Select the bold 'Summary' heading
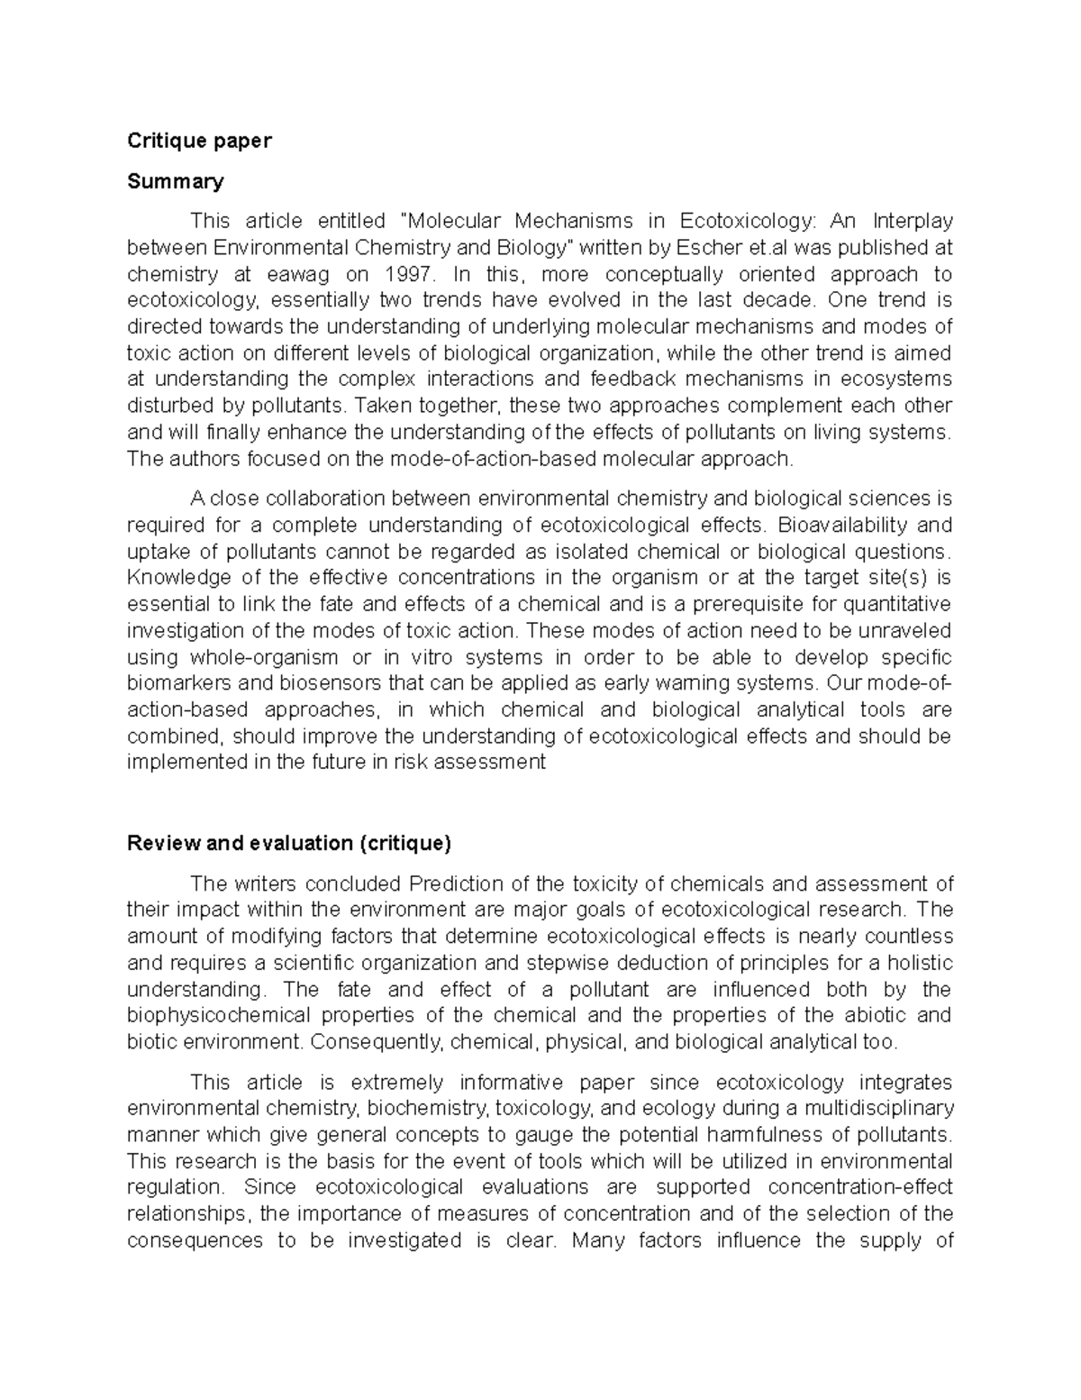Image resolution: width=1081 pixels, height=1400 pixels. tap(175, 181)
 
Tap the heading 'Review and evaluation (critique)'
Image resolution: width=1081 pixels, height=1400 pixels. tap(289, 843)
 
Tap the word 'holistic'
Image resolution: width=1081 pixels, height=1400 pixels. tap(920, 963)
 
